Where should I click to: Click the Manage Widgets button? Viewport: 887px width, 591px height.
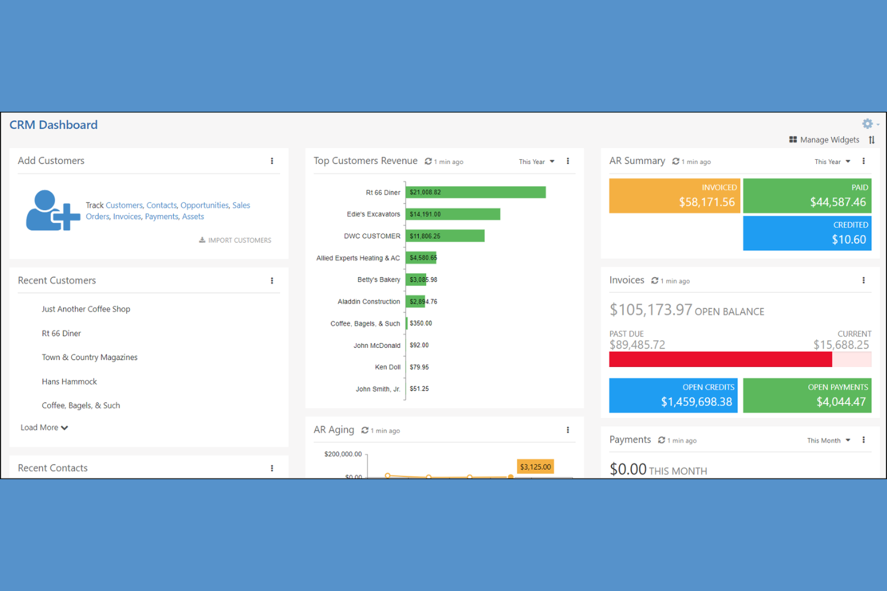click(x=824, y=140)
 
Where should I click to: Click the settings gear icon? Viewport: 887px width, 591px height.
click(x=867, y=124)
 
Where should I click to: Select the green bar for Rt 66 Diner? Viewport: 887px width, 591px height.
click(x=475, y=192)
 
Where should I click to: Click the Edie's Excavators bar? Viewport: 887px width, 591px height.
click(x=452, y=214)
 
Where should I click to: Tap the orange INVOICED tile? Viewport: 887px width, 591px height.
click(x=674, y=196)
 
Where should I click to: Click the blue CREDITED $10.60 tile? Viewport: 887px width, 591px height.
click(x=807, y=233)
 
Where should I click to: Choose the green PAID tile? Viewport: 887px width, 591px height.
click(x=807, y=196)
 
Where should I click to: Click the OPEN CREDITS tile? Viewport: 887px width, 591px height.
click(x=673, y=395)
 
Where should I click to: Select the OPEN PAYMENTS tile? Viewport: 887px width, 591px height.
click(x=807, y=395)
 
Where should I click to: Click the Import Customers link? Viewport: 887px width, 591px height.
click(x=236, y=240)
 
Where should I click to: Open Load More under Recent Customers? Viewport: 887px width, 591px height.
click(x=44, y=428)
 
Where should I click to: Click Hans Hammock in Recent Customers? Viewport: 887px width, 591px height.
click(x=70, y=381)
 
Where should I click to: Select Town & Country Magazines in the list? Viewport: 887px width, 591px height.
click(x=89, y=357)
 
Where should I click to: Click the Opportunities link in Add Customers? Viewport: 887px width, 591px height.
click(x=204, y=205)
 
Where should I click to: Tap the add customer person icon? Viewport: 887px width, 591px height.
click(x=52, y=211)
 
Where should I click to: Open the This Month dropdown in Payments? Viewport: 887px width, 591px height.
click(x=828, y=441)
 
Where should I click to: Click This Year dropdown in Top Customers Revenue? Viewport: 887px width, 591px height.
click(x=536, y=162)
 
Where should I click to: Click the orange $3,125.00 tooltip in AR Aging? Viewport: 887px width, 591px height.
click(x=535, y=467)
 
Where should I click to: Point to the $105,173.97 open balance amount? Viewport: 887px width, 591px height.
click(x=650, y=310)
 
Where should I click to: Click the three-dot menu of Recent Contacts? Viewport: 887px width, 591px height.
click(x=272, y=468)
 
